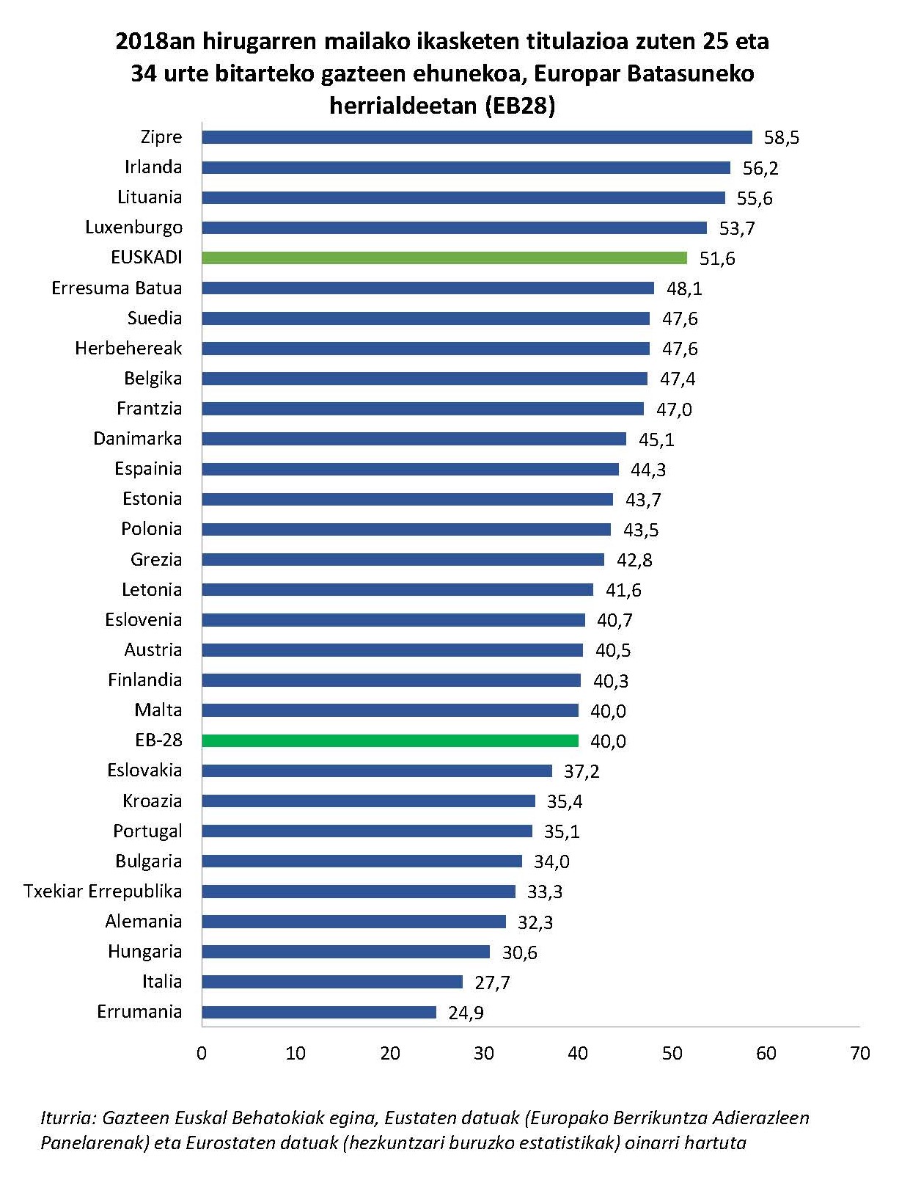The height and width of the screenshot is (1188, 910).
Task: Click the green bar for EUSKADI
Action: click(444, 258)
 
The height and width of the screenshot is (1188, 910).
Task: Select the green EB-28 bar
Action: click(389, 740)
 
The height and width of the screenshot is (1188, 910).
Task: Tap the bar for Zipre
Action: click(477, 137)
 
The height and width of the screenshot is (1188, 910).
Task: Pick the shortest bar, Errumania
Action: click(318, 1012)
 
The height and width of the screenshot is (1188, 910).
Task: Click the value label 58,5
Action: click(781, 138)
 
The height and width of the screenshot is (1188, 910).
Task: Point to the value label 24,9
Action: click(466, 1013)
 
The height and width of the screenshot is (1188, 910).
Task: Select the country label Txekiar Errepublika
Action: click(103, 891)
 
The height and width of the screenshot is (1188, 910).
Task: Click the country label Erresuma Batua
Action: click(117, 288)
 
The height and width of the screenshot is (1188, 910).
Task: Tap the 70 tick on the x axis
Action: click(859, 1053)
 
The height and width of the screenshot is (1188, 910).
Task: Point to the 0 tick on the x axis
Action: click(202, 1053)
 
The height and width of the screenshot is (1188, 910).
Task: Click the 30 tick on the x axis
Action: click(483, 1053)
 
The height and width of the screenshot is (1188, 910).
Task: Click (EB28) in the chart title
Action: click(518, 106)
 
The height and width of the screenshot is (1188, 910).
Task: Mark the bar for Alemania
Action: click(353, 922)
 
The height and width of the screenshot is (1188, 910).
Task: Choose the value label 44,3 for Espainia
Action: click(647, 470)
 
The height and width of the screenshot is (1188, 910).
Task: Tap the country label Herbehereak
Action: click(128, 348)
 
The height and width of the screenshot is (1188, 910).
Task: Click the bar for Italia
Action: click(331, 982)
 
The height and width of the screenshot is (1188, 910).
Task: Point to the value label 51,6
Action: click(716, 258)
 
